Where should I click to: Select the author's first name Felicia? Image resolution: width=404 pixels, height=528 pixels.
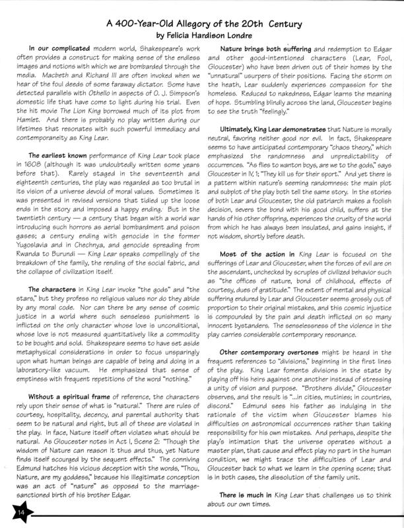170,38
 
